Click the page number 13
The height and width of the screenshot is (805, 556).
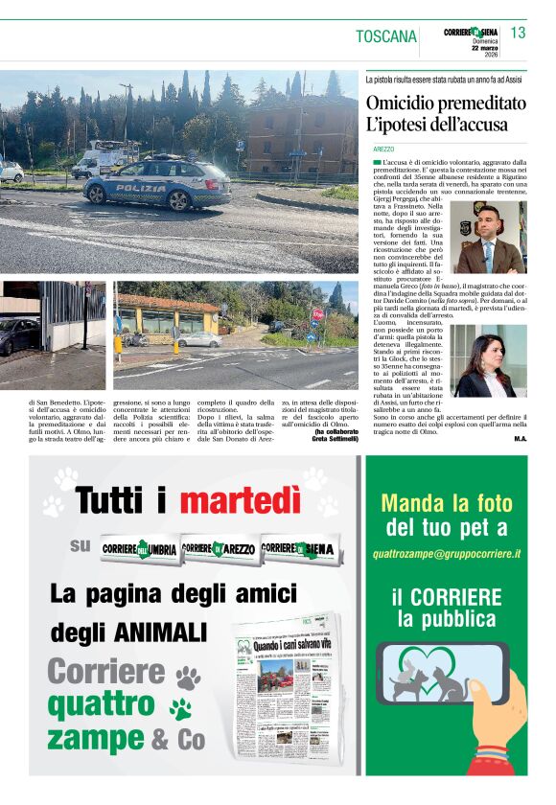tap(519, 34)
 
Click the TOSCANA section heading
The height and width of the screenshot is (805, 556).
tap(386, 37)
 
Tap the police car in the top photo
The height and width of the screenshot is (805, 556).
tap(156, 183)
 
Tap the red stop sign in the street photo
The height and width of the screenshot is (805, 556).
tap(317, 314)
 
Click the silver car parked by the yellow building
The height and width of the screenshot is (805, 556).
tap(198, 339)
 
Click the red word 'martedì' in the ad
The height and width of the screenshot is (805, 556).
tap(241, 499)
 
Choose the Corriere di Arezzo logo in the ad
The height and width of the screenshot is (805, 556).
tap(218, 547)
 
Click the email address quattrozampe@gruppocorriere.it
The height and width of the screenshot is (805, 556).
tap(447, 554)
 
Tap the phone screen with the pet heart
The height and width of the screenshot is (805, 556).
tap(445, 671)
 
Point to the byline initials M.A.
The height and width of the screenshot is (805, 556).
tap(520, 438)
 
